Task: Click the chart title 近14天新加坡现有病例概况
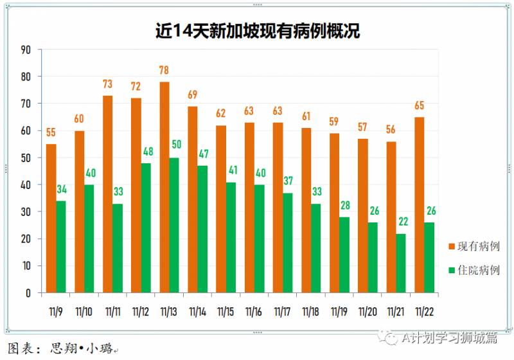point(257,30)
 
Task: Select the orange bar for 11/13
point(164,186)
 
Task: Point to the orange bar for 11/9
point(51,219)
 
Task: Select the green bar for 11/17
point(287,242)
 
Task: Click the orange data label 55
point(51,132)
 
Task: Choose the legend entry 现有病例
point(475,247)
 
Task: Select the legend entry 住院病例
point(475,270)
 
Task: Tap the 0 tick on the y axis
point(28,292)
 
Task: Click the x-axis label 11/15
point(226,312)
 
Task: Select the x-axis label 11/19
point(339,312)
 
